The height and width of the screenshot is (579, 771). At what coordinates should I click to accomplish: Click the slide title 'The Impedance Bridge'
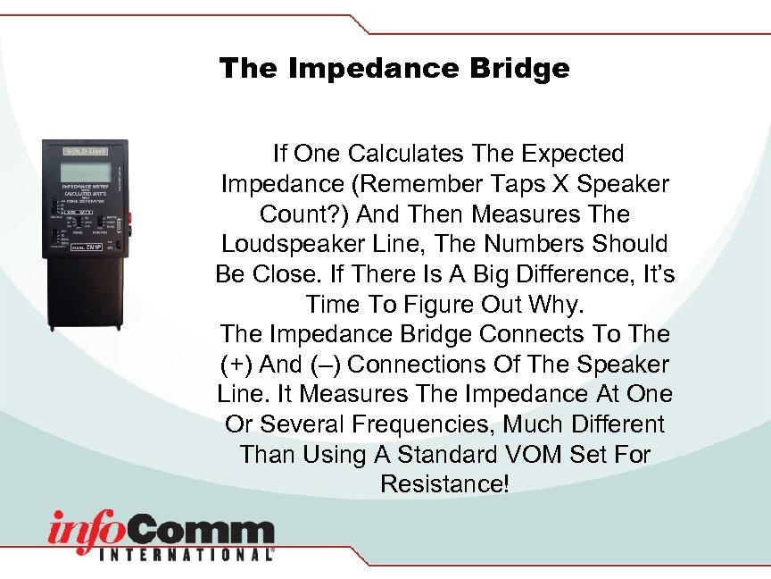[394, 69]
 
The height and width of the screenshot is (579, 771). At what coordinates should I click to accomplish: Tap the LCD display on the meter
[85, 171]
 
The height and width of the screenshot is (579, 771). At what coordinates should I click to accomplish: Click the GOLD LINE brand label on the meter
[85, 151]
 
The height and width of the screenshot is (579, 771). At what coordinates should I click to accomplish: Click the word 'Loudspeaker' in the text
[278, 245]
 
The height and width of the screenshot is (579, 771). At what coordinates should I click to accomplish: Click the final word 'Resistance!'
[444, 484]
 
